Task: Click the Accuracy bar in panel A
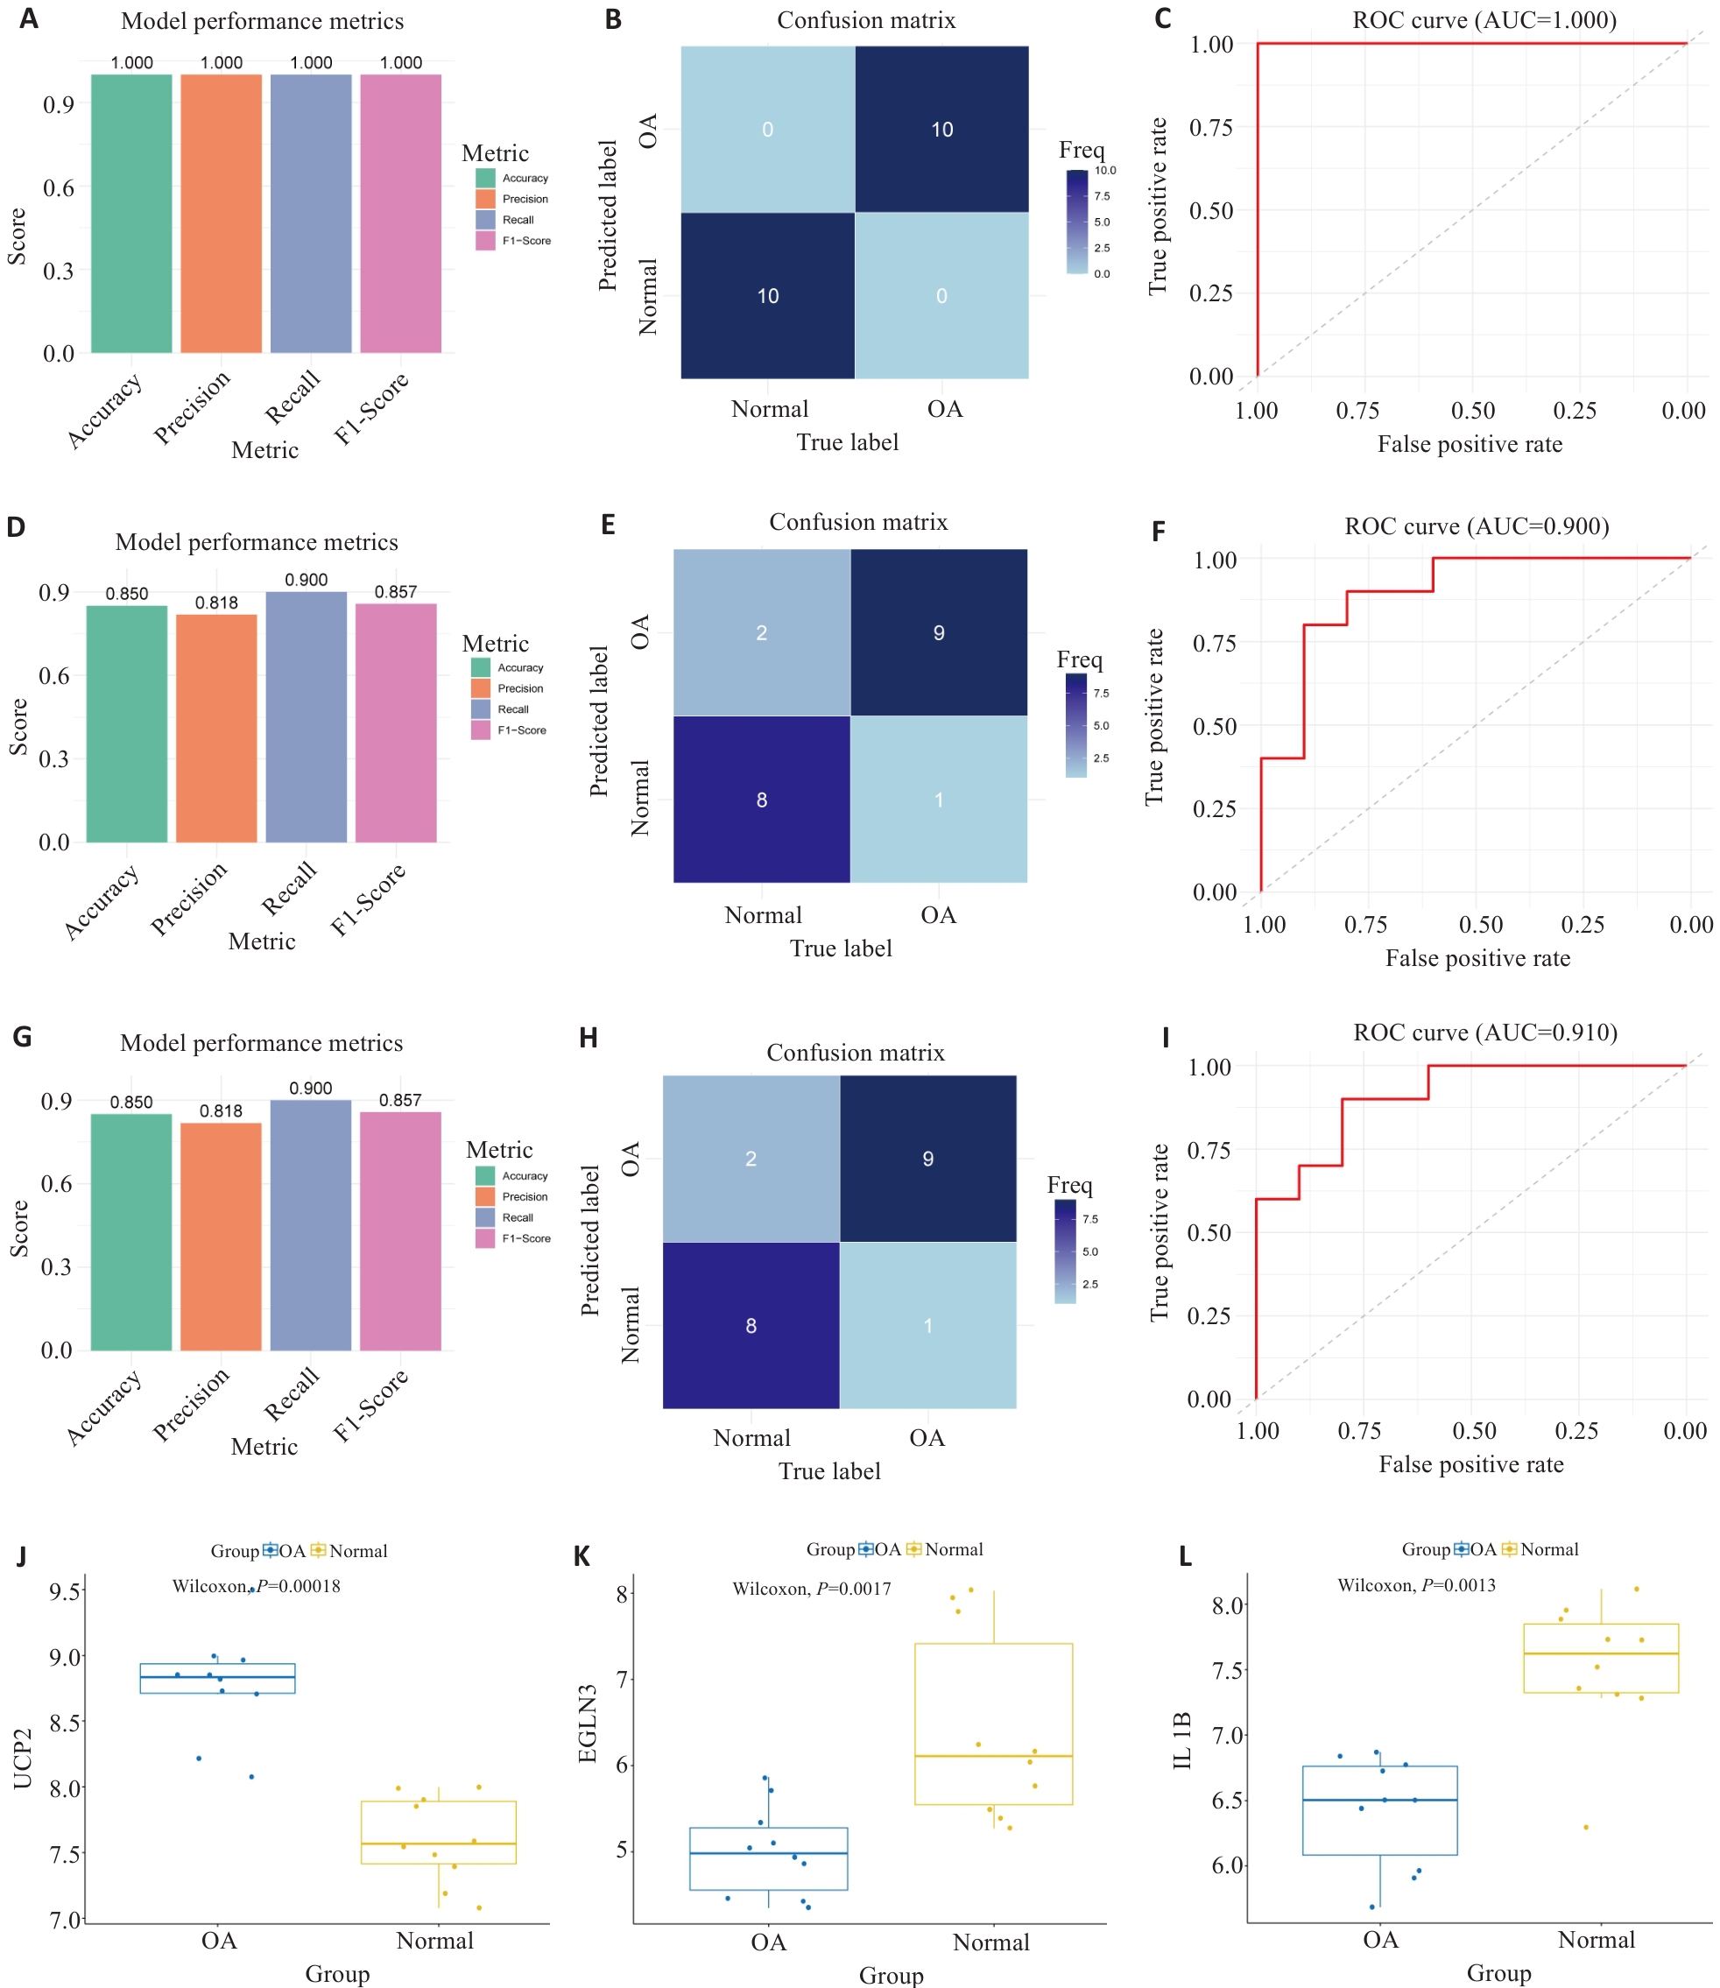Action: coord(131,213)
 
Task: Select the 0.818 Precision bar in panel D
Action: coord(216,728)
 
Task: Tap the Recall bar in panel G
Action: coord(310,1225)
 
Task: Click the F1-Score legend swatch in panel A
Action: coord(484,241)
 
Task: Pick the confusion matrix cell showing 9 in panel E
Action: coord(938,632)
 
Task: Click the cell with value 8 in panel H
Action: coord(751,1326)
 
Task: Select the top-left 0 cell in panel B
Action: coord(767,130)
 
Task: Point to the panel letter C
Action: coord(1162,19)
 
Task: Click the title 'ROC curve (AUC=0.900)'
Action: coord(1477,526)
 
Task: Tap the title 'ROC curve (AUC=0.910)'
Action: coord(1484,1032)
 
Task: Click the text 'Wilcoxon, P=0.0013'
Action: coord(1416,1586)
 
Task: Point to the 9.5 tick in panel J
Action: coord(66,1591)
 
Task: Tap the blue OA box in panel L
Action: coord(1379,1810)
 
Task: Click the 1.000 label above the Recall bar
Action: coord(311,62)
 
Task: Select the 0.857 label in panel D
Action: coord(396,592)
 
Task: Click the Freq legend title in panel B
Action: coord(1081,150)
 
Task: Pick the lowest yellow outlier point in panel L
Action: coord(1586,1827)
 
